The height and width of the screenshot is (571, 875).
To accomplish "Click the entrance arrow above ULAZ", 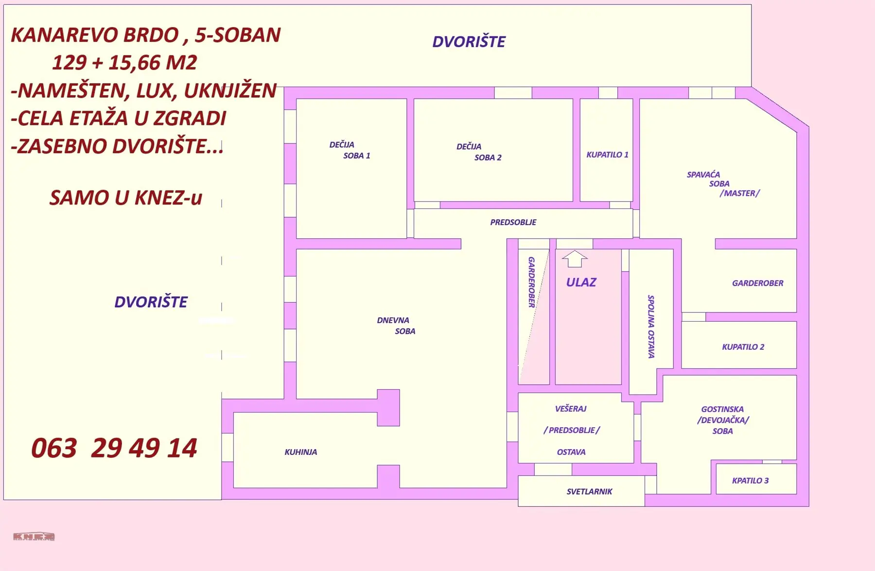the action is point(575,259).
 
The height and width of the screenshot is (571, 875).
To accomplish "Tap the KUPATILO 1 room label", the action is point(607,155).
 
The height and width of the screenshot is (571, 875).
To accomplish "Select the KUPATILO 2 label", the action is point(743,347).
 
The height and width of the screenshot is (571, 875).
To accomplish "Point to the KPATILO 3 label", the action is point(750,481).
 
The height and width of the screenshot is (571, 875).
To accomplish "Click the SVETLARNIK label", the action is point(589,491).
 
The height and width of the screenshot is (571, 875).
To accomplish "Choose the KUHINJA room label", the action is point(301,452).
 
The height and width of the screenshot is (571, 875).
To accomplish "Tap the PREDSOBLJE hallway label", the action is point(513,222).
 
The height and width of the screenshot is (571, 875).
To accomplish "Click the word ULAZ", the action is point(581,282).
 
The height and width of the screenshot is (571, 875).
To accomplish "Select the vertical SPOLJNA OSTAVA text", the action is point(651,327).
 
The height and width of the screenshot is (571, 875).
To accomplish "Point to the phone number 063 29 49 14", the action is point(114,448).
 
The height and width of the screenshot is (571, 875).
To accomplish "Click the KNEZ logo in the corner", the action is point(34,536).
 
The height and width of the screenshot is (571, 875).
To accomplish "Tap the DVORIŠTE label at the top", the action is point(469,42).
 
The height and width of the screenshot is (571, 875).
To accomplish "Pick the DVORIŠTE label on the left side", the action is point(151,302).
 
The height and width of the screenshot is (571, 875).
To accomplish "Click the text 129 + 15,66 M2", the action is point(124,63).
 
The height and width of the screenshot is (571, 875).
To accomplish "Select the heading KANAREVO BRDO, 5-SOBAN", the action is point(146,35).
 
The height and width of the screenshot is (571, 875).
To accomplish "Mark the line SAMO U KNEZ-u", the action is point(125,198).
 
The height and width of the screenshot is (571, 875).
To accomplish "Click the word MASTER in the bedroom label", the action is point(739,193).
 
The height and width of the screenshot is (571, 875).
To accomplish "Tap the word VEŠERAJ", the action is point(571,409).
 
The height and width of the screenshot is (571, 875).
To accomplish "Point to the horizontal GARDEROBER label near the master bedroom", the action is point(757,283).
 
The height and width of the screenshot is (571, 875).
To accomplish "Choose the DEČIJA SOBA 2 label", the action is point(479,152).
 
